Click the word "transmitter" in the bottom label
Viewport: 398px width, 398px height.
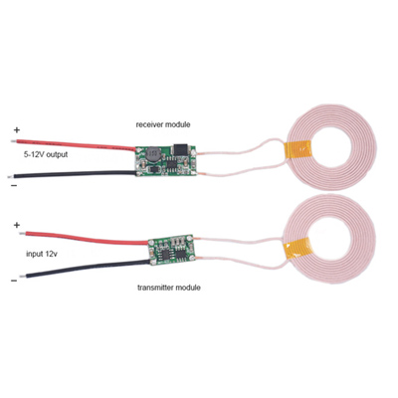click(x=155, y=288)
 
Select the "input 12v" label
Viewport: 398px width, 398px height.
click(x=42, y=255)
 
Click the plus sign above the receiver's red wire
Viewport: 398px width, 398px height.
click(x=17, y=129)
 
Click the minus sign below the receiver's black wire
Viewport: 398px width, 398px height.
click(x=14, y=186)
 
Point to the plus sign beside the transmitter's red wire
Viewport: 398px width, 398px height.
click(x=17, y=226)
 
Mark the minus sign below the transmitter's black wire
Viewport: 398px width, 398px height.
click(x=14, y=281)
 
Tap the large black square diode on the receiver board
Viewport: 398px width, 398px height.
click(x=180, y=149)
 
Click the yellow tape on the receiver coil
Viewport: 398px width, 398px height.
click(x=298, y=153)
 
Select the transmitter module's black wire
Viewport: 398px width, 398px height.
click(x=88, y=269)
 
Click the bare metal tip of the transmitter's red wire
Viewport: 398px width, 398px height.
click(x=22, y=234)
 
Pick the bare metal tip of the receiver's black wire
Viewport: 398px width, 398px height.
click(x=12, y=176)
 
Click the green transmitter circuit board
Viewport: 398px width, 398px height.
click(x=170, y=251)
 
